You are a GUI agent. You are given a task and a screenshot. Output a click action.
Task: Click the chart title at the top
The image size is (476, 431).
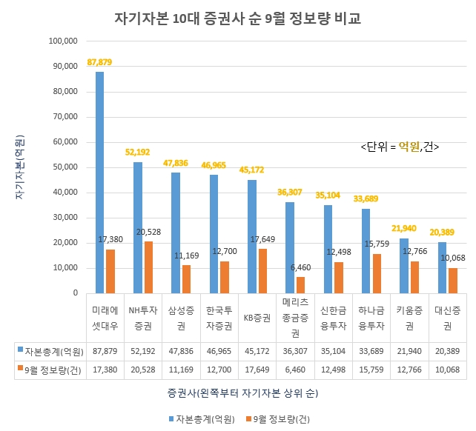(237, 19)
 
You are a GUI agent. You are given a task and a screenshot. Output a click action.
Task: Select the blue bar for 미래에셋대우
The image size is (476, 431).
(99, 181)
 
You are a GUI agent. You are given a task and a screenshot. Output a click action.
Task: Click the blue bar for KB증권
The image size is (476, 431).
(252, 236)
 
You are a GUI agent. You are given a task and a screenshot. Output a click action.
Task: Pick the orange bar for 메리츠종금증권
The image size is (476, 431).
(302, 284)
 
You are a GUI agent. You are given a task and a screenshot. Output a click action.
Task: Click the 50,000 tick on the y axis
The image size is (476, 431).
(64, 167)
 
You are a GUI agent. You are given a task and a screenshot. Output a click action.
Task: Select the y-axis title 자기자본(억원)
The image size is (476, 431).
(20, 167)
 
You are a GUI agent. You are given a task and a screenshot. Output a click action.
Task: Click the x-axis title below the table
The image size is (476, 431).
(237, 391)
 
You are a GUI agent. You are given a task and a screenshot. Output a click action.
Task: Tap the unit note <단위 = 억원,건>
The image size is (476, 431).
(400, 147)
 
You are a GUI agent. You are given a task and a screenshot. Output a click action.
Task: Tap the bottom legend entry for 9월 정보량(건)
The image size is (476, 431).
(278, 418)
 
